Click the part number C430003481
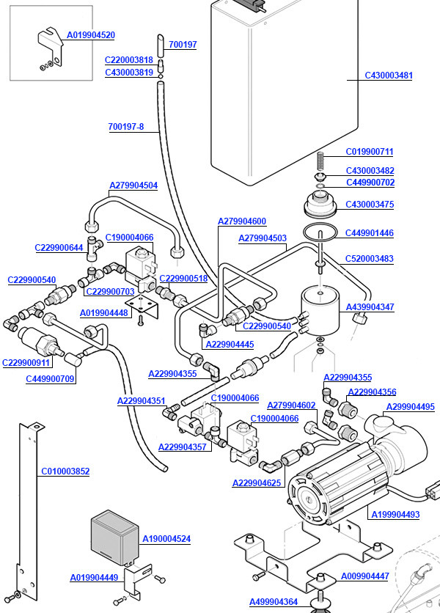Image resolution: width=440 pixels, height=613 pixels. (x=389, y=76)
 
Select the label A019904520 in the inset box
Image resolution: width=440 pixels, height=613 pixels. (x=91, y=35)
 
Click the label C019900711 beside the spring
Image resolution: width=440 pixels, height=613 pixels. (x=370, y=152)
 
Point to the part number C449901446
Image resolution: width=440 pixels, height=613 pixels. (x=370, y=233)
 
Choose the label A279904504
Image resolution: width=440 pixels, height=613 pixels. (x=133, y=186)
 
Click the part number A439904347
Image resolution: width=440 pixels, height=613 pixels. (x=370, y=307)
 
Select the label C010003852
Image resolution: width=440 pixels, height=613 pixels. (x=65, y=471)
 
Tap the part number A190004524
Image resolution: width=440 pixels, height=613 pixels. (x=166, y=539)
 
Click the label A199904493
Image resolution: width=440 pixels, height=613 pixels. (x=395, y=515)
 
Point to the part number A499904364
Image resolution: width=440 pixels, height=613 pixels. (x=274, y=602)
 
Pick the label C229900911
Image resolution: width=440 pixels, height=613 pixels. (x=26, y=362)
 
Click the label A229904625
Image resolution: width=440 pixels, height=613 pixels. (x=257, y=482)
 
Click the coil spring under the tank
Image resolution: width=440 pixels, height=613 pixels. (x=320, y=161)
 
